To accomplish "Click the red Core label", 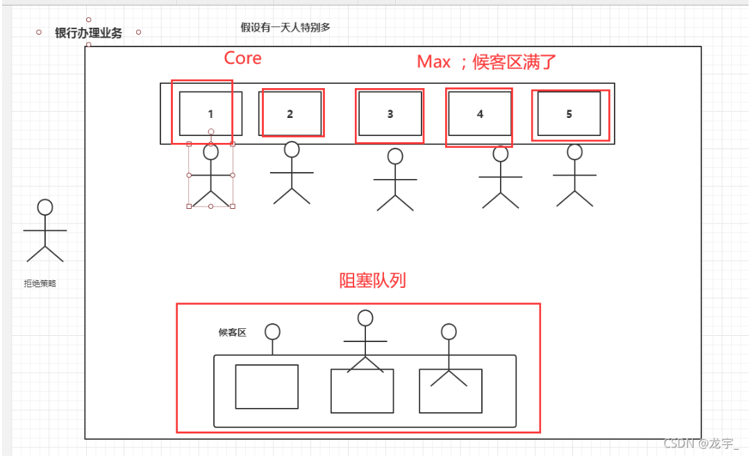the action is [x=242, y=58].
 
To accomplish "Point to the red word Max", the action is [x=434, y=62].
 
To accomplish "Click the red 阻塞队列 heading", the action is [x=373, y=280].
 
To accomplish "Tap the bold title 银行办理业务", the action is [x=88, y=33].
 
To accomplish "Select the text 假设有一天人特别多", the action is [x=285, y=27].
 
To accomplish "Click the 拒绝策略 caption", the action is [x=40, y=283].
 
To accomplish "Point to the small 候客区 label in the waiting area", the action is [x=233, y=332].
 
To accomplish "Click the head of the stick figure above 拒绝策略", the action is [x=45, y=207].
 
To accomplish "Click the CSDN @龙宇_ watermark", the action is [x=701, y=444].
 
